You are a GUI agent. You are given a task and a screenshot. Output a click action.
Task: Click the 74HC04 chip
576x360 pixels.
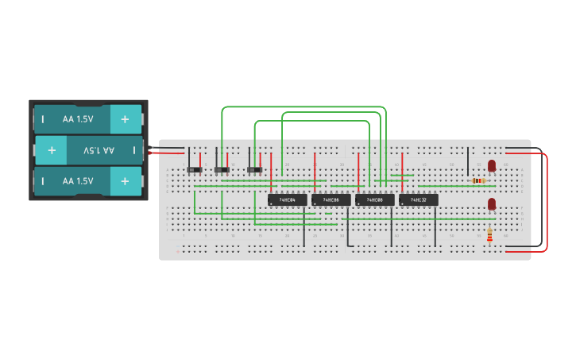287,199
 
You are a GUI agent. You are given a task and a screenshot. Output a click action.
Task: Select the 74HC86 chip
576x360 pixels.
331,199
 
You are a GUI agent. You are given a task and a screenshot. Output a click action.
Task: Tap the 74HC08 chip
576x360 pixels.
374,199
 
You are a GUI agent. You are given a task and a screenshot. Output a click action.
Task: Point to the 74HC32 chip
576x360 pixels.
418,199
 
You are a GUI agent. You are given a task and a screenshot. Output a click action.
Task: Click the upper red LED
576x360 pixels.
492,165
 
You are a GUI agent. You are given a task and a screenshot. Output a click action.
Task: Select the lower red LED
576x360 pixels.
492,204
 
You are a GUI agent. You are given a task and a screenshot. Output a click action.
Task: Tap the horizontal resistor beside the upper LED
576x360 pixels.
478,180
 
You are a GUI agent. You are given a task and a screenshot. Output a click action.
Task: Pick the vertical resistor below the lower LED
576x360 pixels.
489,235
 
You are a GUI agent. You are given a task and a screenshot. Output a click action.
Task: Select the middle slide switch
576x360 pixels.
222,169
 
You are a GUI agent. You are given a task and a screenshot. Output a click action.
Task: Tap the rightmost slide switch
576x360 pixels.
254,169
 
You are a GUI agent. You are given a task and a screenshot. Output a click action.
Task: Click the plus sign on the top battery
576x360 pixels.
125,119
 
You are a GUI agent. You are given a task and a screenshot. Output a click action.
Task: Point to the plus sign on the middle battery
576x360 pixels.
52,149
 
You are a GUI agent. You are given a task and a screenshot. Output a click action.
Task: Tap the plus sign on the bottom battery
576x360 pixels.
125,181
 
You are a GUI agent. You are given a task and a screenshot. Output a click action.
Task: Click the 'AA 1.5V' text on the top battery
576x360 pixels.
78,119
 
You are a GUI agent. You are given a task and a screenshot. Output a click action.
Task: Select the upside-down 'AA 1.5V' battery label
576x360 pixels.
99,149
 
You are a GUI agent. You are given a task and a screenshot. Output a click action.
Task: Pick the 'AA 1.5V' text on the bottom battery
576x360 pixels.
78,181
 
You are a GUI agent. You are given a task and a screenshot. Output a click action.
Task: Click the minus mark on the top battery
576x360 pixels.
43,119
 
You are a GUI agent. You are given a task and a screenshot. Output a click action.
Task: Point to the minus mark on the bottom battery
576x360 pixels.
43,181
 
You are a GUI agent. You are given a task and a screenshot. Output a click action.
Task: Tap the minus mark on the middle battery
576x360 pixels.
133,149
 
